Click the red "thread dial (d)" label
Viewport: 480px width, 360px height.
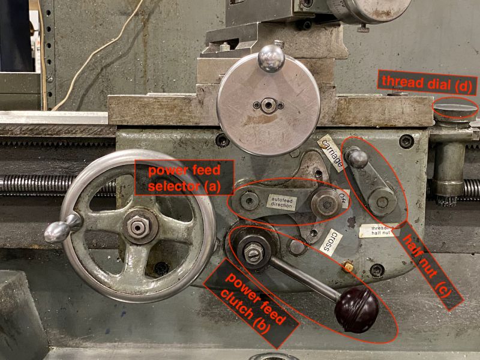point(427,82)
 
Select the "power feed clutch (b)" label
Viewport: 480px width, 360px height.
point(252,305)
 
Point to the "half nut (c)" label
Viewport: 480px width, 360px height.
point(431,264)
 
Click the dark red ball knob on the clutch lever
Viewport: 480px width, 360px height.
point(356,310)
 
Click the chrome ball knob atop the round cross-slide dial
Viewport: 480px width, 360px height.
point(270,59)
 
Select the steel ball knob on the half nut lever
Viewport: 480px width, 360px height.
point(358,158)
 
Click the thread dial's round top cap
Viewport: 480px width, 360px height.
point(455,109)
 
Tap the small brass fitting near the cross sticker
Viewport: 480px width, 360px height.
point(346,265)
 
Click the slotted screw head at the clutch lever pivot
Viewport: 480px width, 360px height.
point(252,252)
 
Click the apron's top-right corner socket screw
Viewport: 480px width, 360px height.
point(406,142)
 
